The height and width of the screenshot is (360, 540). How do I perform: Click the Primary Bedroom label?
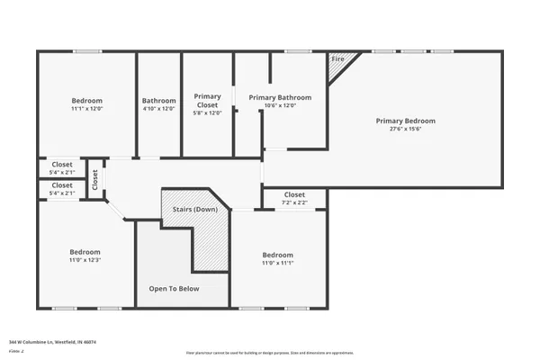coord(405,121)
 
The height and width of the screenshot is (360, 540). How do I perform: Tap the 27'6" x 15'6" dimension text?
coord(405,129)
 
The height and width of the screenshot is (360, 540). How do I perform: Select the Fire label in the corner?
coord(338,59)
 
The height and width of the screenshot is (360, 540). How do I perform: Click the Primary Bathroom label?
coord(280,97)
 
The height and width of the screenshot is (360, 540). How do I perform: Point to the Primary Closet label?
coord(208,100)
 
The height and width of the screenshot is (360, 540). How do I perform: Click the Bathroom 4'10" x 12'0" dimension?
coord(158,109)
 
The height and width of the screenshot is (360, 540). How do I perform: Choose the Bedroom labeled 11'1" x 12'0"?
coord(87,100)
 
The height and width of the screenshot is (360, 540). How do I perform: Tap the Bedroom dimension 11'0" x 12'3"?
coord(85,260)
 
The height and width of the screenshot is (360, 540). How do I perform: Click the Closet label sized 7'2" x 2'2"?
coord(294,194)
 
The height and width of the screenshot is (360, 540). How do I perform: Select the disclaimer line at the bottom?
coord(269,353)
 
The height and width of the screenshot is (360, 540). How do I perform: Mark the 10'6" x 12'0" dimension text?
coord(280,105)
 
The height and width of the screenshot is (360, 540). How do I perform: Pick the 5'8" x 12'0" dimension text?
coord(208,112)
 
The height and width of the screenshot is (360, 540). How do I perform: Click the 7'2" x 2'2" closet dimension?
coord(294,202)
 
